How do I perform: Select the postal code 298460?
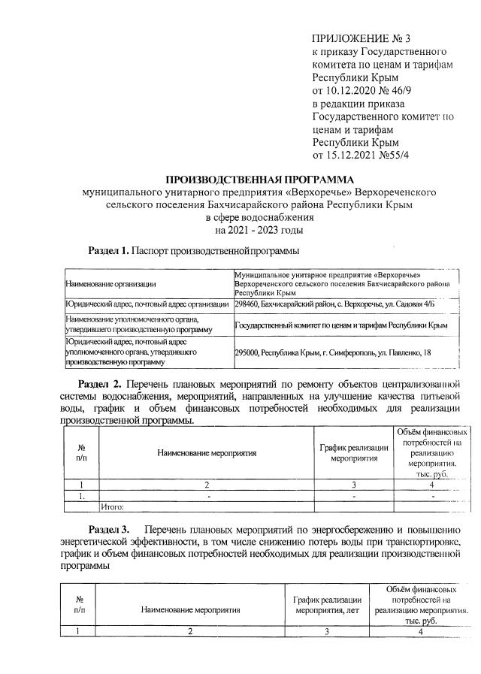coord(247,304)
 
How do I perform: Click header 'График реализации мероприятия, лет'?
coord(328,606)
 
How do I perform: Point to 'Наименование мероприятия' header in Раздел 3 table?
coord(191,611)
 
